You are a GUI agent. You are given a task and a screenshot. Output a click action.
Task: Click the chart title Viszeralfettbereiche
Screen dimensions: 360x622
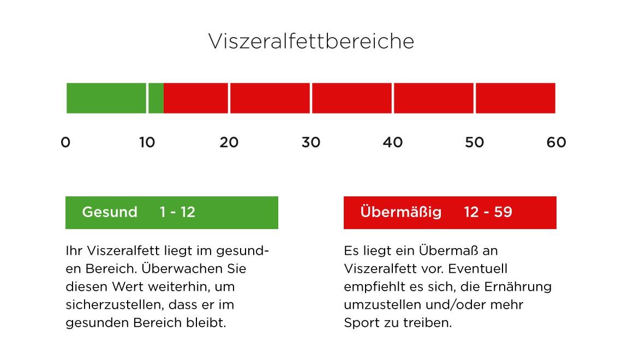pyautogui.click(x=311, y=41)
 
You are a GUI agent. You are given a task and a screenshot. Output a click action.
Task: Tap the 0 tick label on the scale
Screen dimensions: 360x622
pyautogui.click(x=65, y=142)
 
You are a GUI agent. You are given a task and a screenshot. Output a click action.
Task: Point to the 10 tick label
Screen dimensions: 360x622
pyautogui.click(x=147, y=142)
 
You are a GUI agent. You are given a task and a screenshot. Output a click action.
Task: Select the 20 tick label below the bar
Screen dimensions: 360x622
pyautogui.click(x=229, y=142)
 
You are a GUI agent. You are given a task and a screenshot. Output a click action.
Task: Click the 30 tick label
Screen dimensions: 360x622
pyautogui.click(x=311, y=142)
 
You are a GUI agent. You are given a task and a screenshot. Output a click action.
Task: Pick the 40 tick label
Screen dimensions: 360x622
pyautogui.click(x=393, y=142)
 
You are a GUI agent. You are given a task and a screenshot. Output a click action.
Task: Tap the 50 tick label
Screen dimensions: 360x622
pyautogui.click(x=475, y=142)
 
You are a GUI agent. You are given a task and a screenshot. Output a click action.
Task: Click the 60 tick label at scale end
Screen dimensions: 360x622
pyautogui.click(x=556, y=142)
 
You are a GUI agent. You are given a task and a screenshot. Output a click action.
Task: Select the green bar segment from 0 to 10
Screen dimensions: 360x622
pyautogui.click(x=106, y=98)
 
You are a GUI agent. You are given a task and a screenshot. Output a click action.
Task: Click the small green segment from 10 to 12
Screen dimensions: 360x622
pyautogui.click(x=156, y=98)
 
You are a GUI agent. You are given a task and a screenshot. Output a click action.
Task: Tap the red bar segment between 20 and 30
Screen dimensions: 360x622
pyautogui.click(x=270, y=98)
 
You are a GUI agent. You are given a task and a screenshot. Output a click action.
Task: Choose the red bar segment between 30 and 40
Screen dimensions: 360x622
pyautogui.click(x=352, y=98)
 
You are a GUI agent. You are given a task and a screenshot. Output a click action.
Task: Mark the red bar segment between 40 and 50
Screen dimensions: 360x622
pyautogui.click(x=434, y=98)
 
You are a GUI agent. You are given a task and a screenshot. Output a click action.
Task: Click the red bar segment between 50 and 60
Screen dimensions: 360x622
pyautogui.click(x=516, y=98)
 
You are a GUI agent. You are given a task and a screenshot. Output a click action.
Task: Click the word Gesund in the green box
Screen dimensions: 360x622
pyautogui.click(x=110, y=212)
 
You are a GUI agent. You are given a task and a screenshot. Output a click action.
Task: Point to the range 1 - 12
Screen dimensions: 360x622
pyautogui.click(x=177, y=212)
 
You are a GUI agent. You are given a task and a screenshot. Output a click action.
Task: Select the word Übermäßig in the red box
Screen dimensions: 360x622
pyautogui.click(x=401, y=212)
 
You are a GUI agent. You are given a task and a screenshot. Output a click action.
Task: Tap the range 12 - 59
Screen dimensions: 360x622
pyautogui.click(x=488, y=212)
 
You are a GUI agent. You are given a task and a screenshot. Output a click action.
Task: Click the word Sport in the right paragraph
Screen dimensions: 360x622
pyautogui.click(x=361, y=323)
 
